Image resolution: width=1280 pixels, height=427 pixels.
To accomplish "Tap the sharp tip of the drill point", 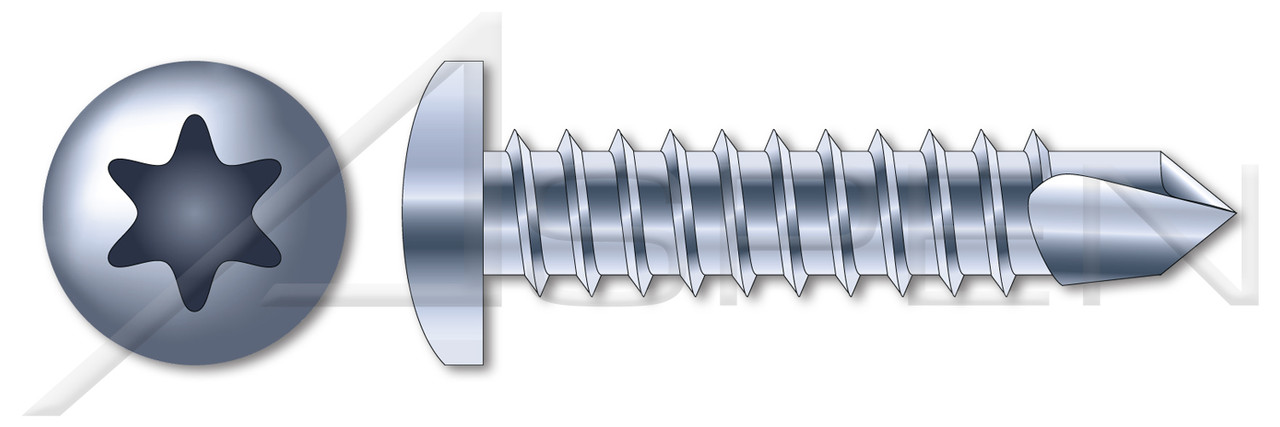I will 1233,213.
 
